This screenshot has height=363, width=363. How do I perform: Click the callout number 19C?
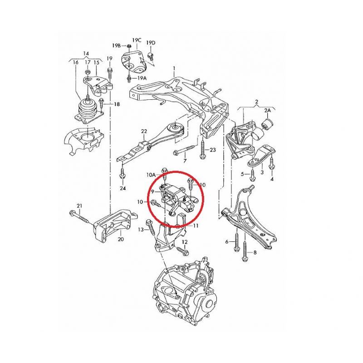click(x=137, y=40)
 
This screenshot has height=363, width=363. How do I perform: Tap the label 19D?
click(x=151, y=43)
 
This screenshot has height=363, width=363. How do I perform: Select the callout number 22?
click(x=144, y=132)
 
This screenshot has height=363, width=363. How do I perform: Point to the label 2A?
click(x=267, y=111)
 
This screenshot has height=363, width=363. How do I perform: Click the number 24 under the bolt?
click(x=123, y=188)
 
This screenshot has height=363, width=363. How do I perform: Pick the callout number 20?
click(x=121, y=239)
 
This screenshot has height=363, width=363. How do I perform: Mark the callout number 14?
click(x=86, y=54)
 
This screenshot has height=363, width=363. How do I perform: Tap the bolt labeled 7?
click(x=185, y=150)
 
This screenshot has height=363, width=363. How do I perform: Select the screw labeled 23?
click(x=202, y=148)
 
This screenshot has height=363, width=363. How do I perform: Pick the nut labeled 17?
click(x=88, y=72)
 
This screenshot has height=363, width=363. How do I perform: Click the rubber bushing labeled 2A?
click(x=268, y=123)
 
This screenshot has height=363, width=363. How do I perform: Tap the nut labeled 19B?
click(x=130, y=46)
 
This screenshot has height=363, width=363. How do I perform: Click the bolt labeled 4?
click(x=271, y=163)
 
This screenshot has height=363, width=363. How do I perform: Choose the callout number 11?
click(x=196, y=226)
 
